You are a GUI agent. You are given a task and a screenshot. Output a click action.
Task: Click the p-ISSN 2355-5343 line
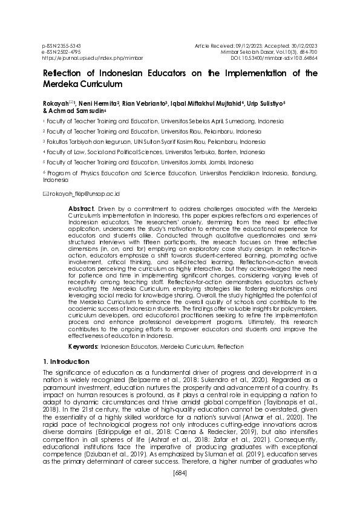coord(62,46)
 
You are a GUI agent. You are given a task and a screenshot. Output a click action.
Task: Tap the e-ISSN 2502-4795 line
coord(61,52)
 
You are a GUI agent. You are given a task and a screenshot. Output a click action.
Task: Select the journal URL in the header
coord(84,58)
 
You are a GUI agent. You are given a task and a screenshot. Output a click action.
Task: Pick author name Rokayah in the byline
coord(56,103)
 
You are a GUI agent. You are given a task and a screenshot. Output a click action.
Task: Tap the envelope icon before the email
coord(45,194)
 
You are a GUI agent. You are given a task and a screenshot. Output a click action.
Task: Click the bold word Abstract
coord(81,207)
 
